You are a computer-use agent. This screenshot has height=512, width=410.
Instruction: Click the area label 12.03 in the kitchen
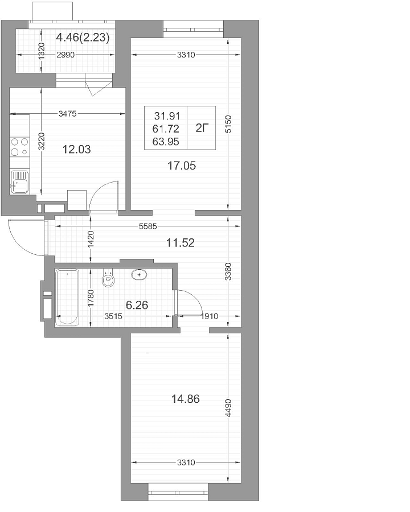click(76, 150)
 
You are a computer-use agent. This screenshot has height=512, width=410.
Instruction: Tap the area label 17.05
click(182, 166)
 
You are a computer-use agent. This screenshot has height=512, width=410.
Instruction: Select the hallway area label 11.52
click(181, 242)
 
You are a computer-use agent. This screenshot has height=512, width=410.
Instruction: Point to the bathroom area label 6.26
click(137, 305)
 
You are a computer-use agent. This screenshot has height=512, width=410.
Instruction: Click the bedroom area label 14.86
click(186, 399)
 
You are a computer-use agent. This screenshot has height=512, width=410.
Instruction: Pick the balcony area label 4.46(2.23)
click(83, 38)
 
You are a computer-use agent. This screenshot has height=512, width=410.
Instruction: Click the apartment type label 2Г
click(202, 129)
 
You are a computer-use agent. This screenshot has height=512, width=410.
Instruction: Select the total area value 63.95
click(166, 142)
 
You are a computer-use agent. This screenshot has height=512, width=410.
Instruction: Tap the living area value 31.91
click(167, 116)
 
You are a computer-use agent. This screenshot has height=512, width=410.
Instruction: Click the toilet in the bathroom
click(108, 278)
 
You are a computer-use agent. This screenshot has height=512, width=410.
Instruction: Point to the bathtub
click(67, 297)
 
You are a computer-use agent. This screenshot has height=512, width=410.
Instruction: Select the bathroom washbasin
click(140, 275)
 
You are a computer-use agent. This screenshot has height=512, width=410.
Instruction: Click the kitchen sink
click(19, 181)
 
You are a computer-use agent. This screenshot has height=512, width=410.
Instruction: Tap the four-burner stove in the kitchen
click(19, 147)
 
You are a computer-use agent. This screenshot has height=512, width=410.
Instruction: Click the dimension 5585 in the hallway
click(148, 226)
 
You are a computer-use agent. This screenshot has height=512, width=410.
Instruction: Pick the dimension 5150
click(228, 124)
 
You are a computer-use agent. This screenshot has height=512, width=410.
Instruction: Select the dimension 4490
click(228, 408)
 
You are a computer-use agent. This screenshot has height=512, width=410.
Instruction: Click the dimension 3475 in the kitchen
click(67, 114)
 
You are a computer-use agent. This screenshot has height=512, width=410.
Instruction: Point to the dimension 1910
click(209, 316)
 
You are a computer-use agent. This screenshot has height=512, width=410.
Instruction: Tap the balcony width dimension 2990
click(65, 55)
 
